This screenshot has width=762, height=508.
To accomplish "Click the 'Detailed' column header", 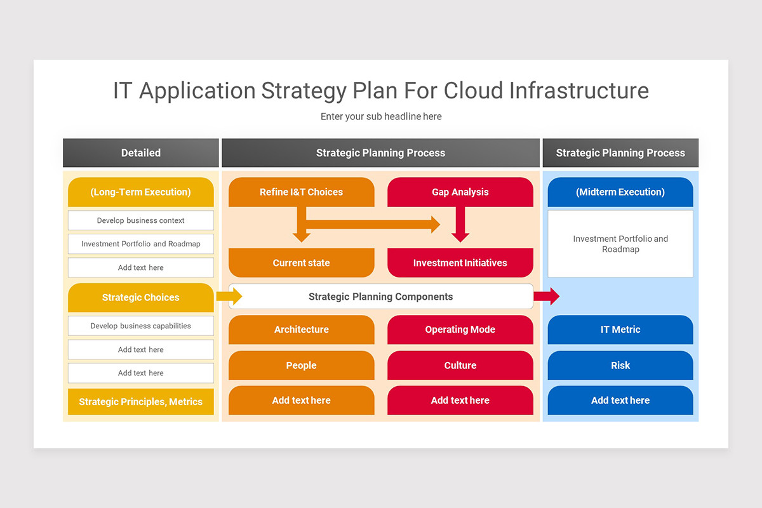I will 140,153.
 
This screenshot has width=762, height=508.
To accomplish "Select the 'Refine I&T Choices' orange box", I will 301,192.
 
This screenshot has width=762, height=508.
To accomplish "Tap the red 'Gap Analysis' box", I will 460,192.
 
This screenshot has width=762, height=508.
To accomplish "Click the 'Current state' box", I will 301,263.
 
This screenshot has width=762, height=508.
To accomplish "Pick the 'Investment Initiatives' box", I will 460,263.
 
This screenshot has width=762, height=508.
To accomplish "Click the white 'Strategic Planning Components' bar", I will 380,297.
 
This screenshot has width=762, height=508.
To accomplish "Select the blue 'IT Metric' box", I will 620,330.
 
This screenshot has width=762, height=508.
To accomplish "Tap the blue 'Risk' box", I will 620,365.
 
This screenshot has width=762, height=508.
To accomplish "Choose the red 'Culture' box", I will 460,365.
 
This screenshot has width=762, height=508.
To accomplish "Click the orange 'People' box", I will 301,365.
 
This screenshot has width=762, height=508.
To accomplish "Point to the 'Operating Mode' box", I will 460,330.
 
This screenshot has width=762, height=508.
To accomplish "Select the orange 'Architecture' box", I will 301,330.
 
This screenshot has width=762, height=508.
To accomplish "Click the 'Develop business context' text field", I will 140,220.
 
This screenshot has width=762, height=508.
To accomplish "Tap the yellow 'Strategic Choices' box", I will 140,297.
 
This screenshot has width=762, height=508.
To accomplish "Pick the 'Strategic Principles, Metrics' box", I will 140,402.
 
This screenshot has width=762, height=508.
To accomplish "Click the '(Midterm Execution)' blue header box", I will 620,192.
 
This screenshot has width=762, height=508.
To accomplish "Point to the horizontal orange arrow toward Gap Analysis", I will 375,224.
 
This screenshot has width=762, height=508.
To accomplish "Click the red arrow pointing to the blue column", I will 547,296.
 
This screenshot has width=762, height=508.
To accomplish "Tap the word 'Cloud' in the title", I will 474,91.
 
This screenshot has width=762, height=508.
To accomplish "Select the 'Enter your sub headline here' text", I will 380,117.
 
